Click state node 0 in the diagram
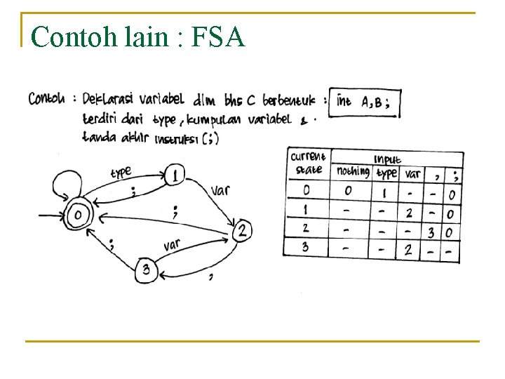pyautogui.click(x=79, y=215)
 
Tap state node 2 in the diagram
pyautogui.click(x=242, y=230)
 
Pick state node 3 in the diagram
pyautogui.click(x=146, y=270)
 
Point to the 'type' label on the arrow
pyautogui.click(x=121, y=173)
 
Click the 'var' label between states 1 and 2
pyautogui.click(x=220, y=190)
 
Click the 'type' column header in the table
pyautogui.click(x=387, y=173)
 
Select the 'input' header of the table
pyautogui.click(x=388, y=159)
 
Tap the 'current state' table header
pyautogui.click(x=307, y=163)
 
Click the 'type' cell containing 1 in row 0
pyautogui.click(x=384, y=192)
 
